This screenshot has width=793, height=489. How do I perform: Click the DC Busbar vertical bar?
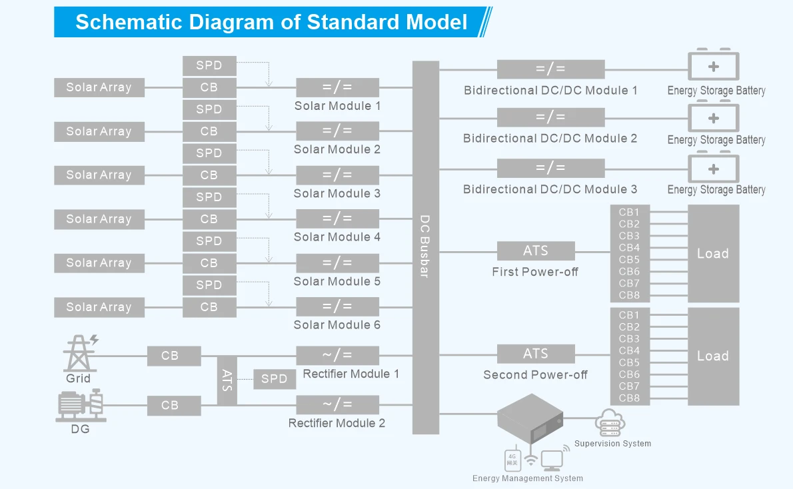pos(426,246)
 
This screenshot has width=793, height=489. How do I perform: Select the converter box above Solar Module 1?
pos(337,87)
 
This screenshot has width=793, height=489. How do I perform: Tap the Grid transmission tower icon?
pos(79,353)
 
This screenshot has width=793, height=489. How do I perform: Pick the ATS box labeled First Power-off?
pos(536,251)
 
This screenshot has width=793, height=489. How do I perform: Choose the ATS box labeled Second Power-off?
pos(536,354)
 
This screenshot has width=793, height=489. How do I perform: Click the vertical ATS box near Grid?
pos(227,380)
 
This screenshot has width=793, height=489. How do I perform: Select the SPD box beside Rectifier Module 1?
pos(274,379)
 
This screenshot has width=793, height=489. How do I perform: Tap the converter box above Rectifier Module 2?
pos(337,404)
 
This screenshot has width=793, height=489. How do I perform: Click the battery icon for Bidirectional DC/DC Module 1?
pos(713,66)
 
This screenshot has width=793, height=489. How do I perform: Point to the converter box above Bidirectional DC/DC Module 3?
pos(550,168)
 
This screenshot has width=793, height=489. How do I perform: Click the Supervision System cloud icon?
pos(610,423)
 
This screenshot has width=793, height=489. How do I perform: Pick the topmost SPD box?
pos(209,65)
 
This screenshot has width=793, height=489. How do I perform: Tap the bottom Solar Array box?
pos(99,307)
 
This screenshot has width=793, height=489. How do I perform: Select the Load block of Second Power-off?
pos(713,356)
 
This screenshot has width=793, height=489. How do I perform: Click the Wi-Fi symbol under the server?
pos(531,460)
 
